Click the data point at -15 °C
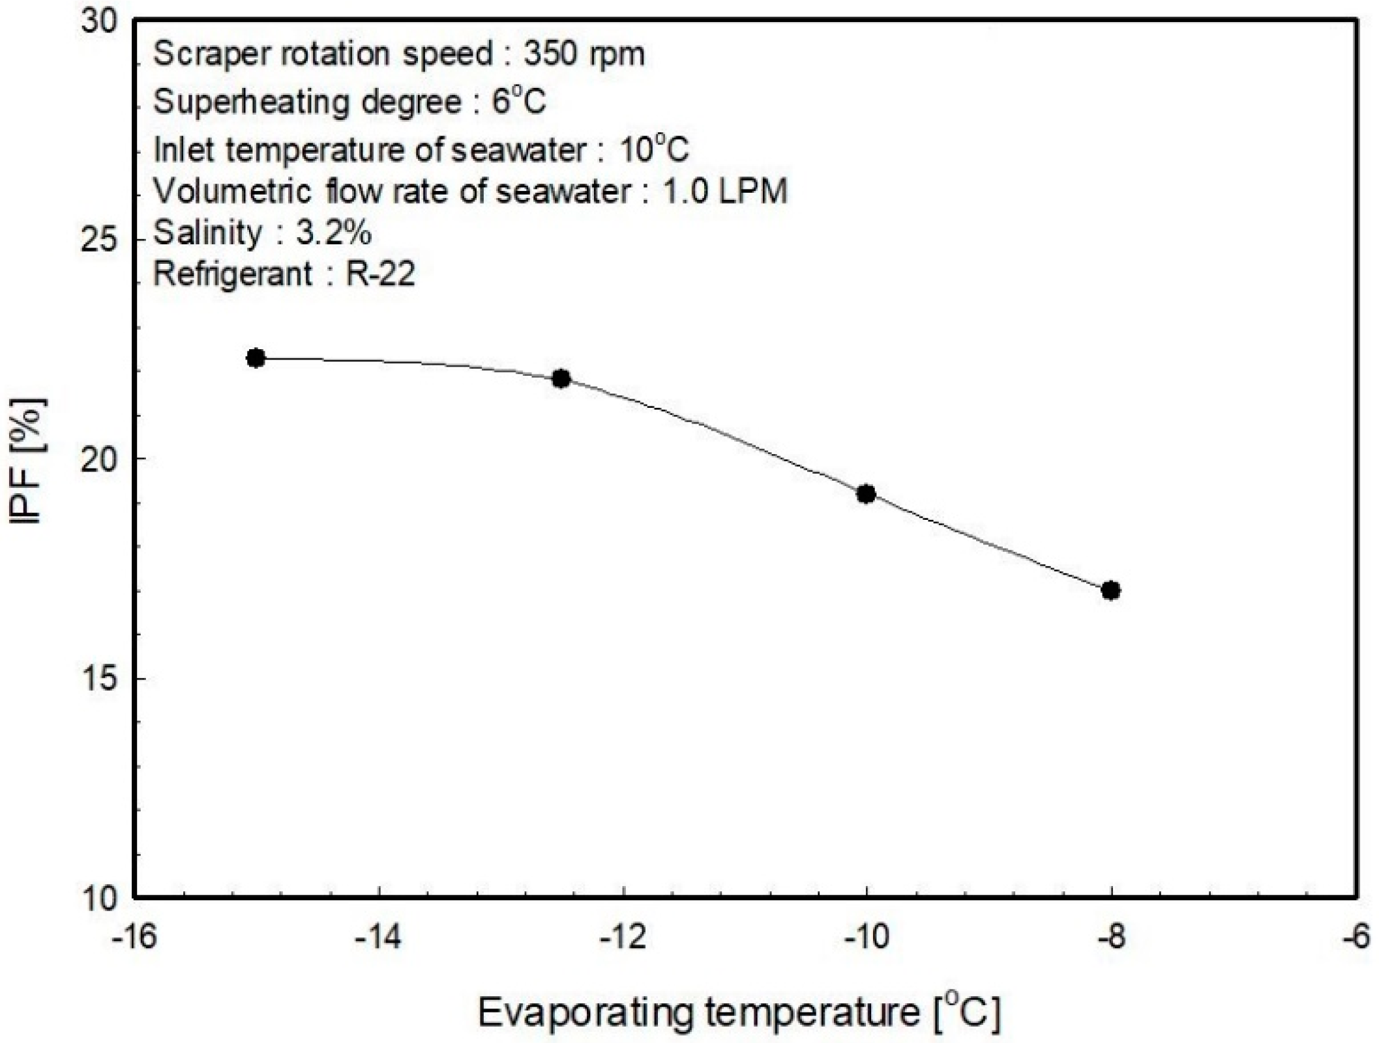(x=256, y=358)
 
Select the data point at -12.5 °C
(x=561, y=379)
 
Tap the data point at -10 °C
(x=866, y=494)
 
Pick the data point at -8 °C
(x=1111, y=590)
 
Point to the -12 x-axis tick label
(x=623, y=939)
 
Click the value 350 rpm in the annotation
(x=584, y=53)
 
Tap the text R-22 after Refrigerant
(x=380, y=274)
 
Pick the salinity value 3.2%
(x=334, y=233)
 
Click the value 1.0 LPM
(x=725, y=191)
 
